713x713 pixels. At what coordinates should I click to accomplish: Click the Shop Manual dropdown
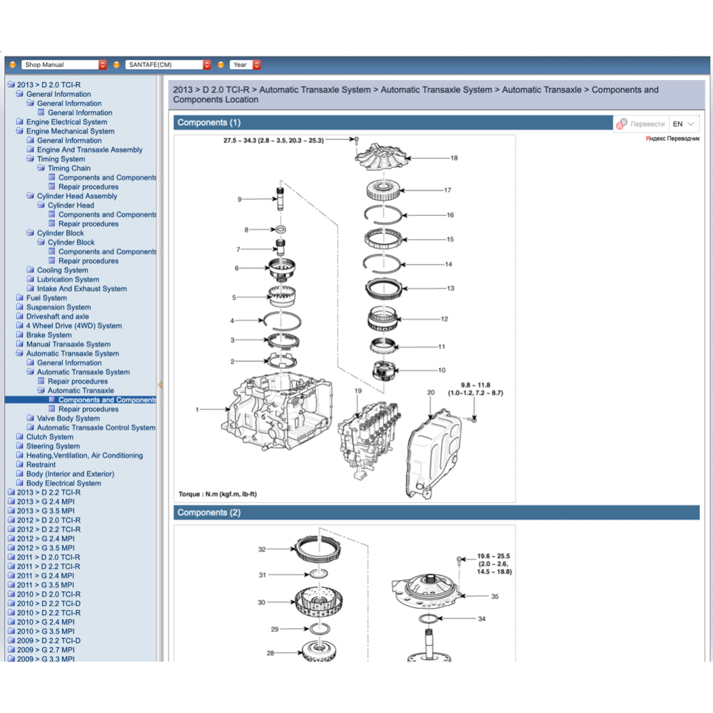tap(63, 65)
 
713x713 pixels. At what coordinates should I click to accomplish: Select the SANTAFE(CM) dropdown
tap(168, 65)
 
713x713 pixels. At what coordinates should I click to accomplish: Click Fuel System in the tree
tap(47, 298)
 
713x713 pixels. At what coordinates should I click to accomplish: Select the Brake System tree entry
tap(49, 335)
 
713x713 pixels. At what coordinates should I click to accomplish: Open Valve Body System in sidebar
tap(68, 418)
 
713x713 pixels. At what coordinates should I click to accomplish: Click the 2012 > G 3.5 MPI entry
tap(45, 548)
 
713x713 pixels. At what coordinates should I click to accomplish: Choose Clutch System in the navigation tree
tap(49, 437)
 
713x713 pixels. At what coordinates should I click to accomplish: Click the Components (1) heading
tap(209, 123)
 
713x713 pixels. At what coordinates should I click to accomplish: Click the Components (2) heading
tap(209, 512)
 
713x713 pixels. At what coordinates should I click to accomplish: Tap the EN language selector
tap(682, 124)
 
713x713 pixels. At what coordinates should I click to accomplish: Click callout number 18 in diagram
tap(454, 158)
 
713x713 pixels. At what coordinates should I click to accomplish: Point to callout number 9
tap(240, 199)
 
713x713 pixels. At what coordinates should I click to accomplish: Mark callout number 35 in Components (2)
tap(494, 596)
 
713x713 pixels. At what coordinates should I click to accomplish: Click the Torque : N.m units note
tap(218, 494)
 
